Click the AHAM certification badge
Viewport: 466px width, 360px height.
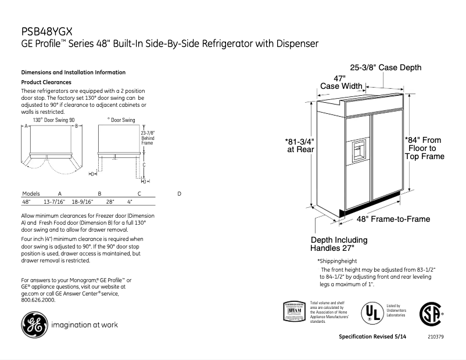tap(295, 312)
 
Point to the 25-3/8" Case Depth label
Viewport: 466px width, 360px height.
tap(385, 68)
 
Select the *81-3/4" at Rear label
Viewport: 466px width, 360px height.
tap(299, 145)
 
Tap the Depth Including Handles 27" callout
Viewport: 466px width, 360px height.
tap(339, 244)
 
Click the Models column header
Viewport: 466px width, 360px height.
tap(31, 193)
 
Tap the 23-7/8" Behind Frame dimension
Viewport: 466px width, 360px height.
tap(148, 138)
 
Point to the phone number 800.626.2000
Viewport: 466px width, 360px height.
tap(38, 300)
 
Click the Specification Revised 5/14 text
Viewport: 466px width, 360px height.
tap(377, 337)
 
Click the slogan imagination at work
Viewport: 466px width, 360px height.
tap(85, 325)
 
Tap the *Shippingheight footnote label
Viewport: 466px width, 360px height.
tap(337, 261)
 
